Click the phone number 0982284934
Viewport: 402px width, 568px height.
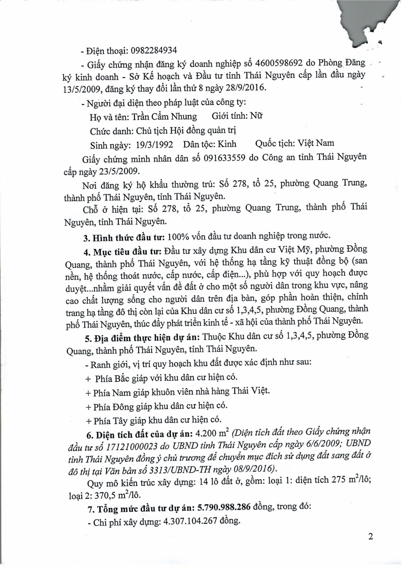(x=154, y=51)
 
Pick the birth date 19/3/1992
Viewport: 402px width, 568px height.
(x=155, y=145)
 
